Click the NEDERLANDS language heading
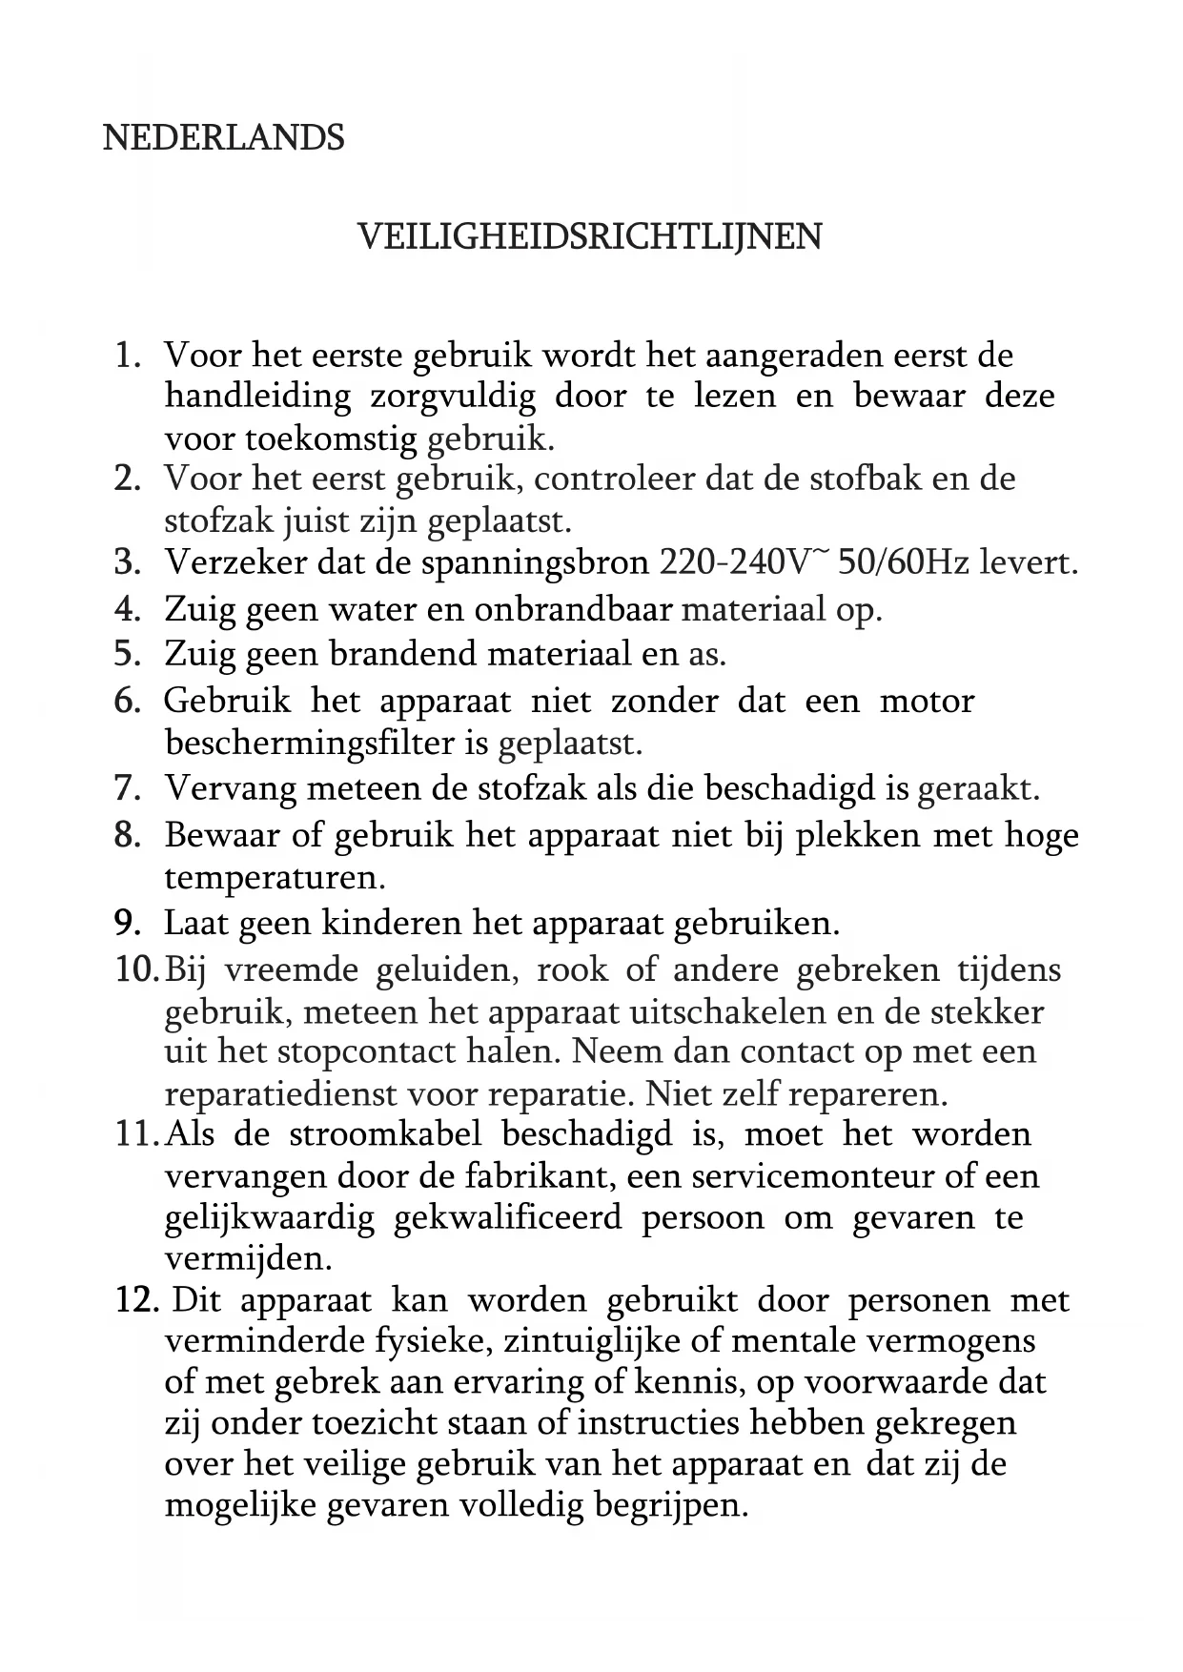[223, 138]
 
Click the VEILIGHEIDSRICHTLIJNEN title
[589, 236]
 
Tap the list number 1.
[127, 356]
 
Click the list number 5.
[127, 654]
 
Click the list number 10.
[135, 969]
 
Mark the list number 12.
[135, 1300]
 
